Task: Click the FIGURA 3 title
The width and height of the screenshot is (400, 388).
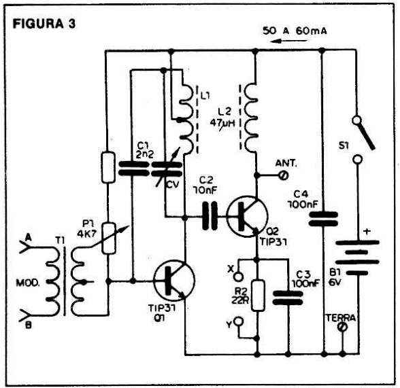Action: [x=44, y=24]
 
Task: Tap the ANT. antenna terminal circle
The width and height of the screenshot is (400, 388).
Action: [x=284, y=175]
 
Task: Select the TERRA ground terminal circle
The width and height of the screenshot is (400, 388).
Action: [x=343, y=327]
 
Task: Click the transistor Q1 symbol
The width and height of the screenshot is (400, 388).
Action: [x=174, y=281]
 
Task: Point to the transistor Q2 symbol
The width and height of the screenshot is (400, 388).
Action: [x=247, y=217]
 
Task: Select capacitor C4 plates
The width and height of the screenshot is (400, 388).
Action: [x=323, y=219]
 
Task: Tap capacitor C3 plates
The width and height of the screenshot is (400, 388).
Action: [x=288, y=298]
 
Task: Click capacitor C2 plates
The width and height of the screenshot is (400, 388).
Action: [x=210, y=216]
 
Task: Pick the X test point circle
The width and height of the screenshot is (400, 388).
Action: [x=239, y=277]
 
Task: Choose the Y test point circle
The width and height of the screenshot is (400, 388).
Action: [x=239, y=321]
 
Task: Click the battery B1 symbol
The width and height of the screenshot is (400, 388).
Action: [x=357, y=258]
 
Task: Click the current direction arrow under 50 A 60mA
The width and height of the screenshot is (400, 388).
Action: [x=288, y=41]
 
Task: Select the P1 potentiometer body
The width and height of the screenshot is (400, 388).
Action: [x=109, y=239]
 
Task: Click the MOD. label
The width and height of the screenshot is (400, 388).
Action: [x=28, y=283]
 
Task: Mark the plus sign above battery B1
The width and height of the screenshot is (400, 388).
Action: [x=367, y=232]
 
